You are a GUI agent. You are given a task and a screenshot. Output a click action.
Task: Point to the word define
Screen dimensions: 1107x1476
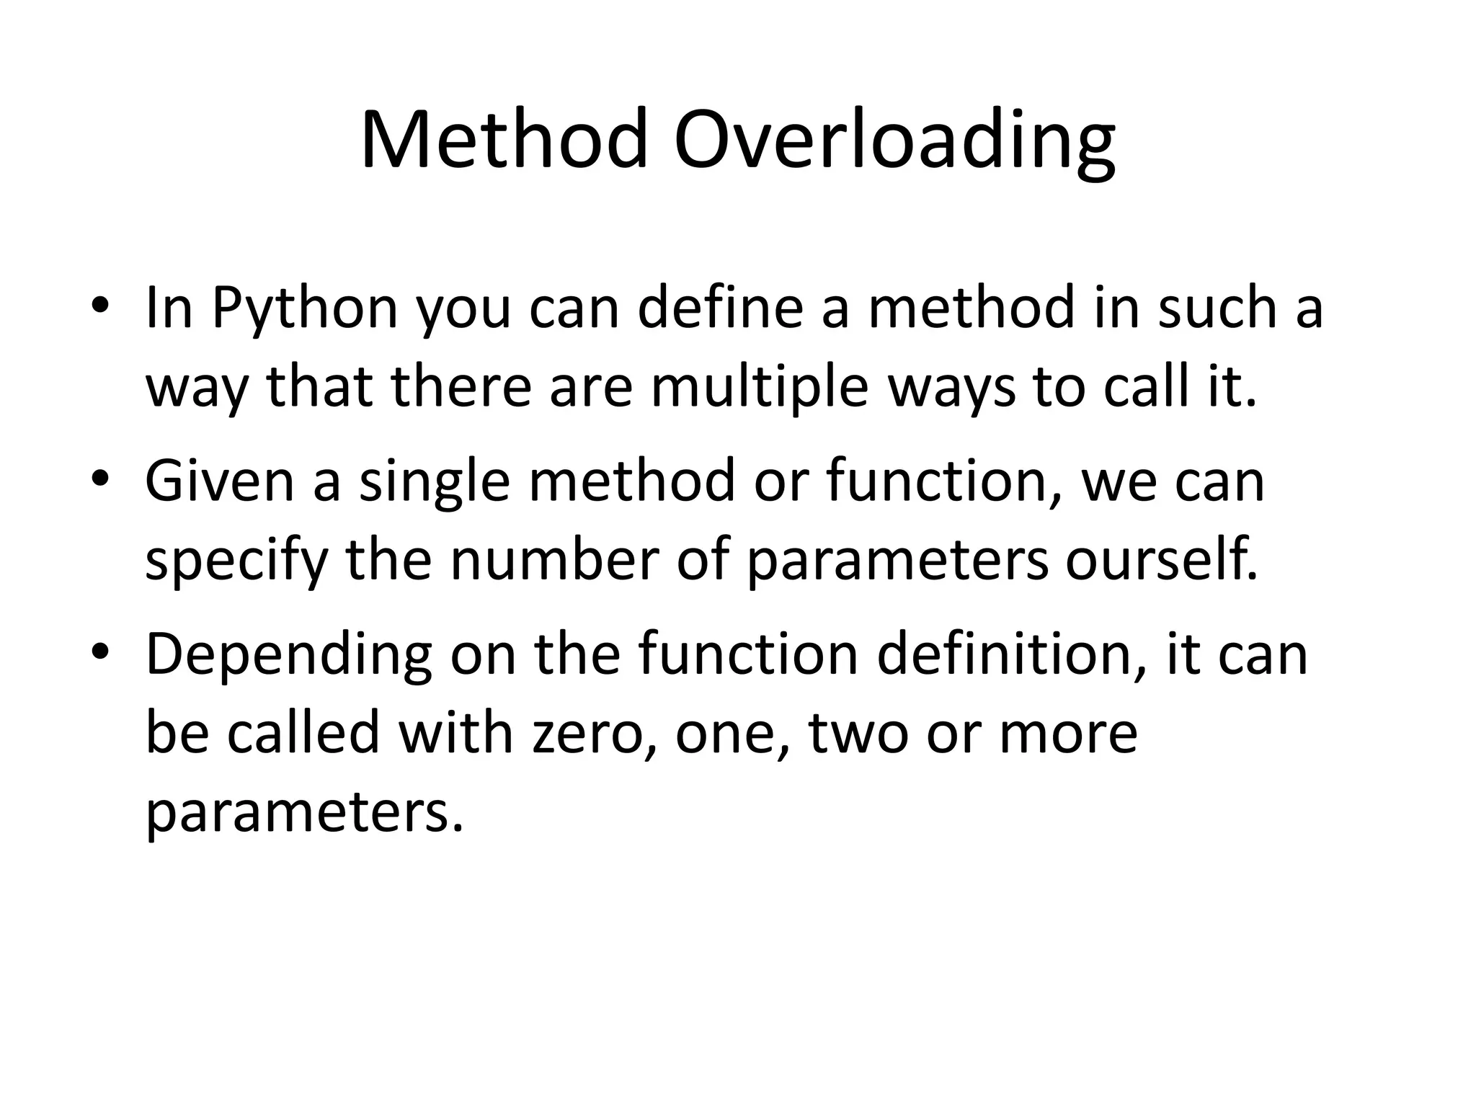[720, 308]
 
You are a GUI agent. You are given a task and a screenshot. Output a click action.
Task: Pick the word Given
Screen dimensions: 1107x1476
[220, 481]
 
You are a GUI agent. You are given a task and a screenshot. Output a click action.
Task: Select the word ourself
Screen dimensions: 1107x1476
[1161, 560]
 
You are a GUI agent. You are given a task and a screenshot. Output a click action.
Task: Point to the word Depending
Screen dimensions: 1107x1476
[288, 654]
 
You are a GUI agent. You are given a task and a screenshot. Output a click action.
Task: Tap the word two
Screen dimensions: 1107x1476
[858, 733]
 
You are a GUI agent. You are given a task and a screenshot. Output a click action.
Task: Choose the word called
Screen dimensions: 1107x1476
[303, 733]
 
